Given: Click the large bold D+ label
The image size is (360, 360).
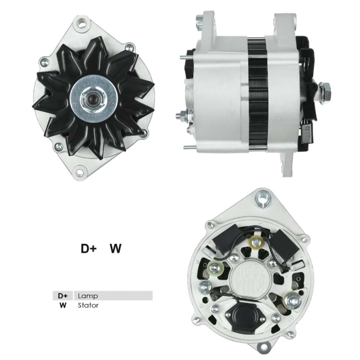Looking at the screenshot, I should point(88,249).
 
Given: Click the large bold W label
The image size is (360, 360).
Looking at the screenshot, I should point(116,249).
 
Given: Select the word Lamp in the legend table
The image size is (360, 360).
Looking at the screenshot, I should point(88,296).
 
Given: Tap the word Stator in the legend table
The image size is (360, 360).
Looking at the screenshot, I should point(88,305).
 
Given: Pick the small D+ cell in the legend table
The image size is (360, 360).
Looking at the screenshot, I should point(63,296).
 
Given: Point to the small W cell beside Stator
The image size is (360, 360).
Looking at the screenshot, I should point(63,305).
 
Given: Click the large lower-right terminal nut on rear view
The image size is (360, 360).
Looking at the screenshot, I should point(292,299).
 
